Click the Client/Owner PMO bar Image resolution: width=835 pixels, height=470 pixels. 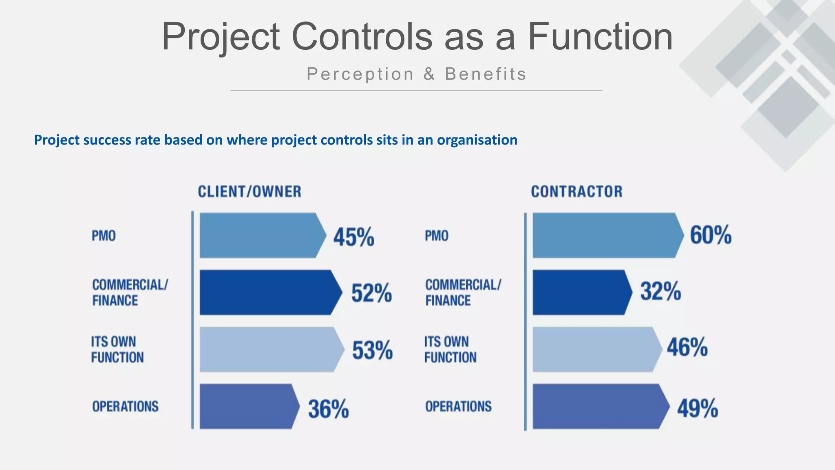click(261, 235)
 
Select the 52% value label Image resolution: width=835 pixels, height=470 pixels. click(371, 293)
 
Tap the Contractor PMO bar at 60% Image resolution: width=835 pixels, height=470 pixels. click(605, 235)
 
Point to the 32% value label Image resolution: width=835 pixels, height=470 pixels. click(660, 291)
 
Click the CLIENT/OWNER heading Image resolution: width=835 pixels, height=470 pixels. click(250, 192)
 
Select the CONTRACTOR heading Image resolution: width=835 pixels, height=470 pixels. click(577, 192)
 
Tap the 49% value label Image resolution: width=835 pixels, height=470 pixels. click(698, 408)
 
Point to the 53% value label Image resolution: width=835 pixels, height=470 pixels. click(372, 350)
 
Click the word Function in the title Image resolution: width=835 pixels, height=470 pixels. click(600, 37)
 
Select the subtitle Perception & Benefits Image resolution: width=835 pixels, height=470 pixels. click(416, 74)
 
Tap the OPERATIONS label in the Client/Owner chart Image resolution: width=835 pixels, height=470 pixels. click(125, 406)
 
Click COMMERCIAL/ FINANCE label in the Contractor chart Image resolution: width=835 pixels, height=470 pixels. click(463, 293)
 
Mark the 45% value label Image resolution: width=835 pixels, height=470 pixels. click(353, 237)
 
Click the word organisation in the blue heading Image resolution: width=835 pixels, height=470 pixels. click(477, 140)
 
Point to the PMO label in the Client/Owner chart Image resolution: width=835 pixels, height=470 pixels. click(104, 236)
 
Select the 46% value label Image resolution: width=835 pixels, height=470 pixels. click(687, 348)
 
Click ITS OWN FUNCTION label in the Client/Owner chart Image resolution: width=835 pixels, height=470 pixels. click(117, 350)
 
